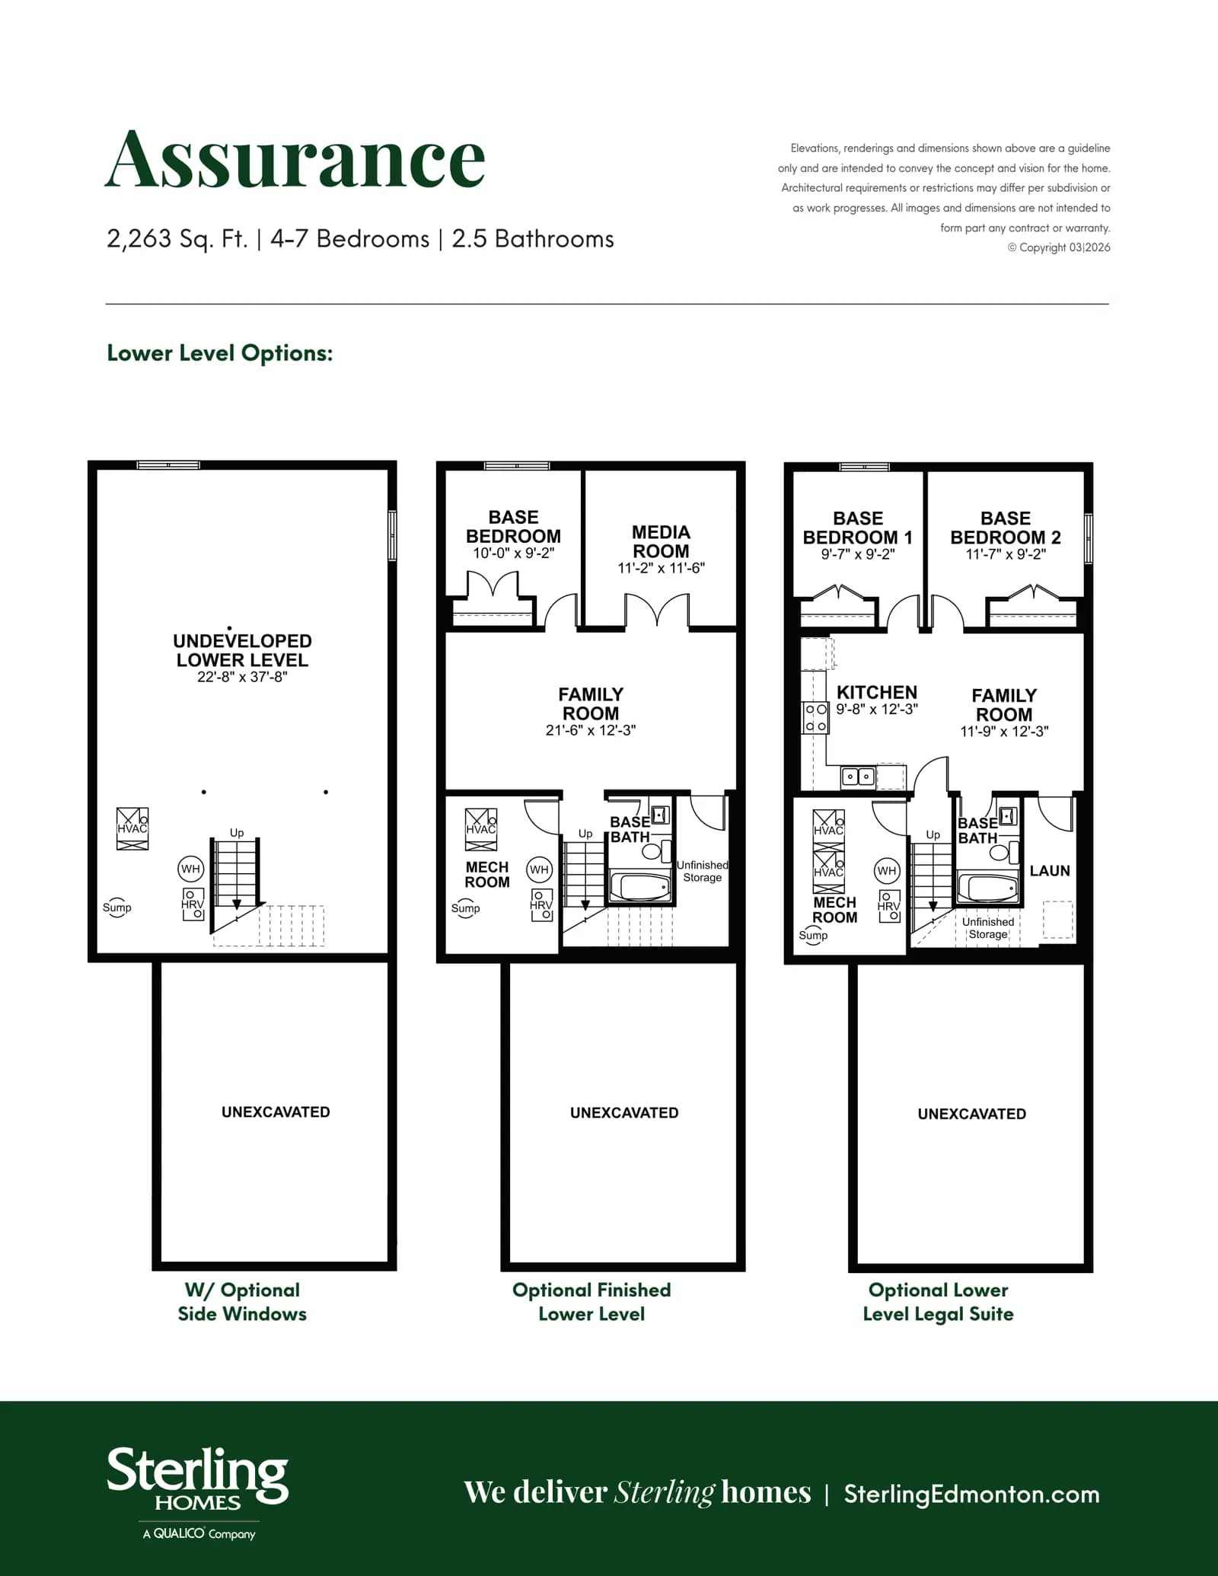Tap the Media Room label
coord(661,541)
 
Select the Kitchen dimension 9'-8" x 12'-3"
coord(877,710)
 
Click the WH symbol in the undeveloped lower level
coord(190,869)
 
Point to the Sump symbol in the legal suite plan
coord(813,936)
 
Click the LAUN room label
coord(1050,871)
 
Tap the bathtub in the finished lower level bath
coord(641,887)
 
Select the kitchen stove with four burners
coord(816,717)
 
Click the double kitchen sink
coord(859,777)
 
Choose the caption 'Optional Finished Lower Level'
coord(591,1302)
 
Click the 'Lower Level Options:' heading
coord(220,353)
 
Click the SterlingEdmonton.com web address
coord(972,1495)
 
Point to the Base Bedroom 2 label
coord(1006,528)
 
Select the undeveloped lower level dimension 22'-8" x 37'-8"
coord(242,677)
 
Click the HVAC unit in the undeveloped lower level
coord(132,829)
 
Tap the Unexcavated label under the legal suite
coord(972,1114)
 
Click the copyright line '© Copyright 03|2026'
coord(1059,247)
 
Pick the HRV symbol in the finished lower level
coord(541,905)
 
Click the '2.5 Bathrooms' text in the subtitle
coord(533,239)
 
